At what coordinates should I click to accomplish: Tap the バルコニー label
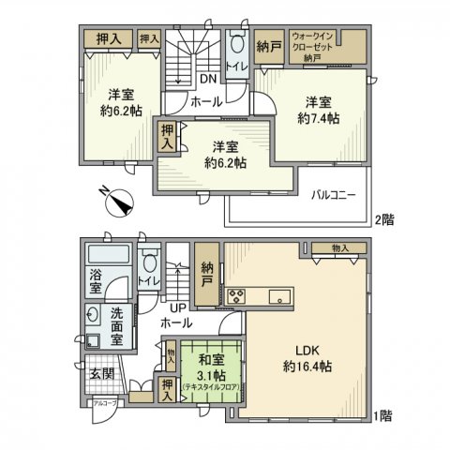point(333,194)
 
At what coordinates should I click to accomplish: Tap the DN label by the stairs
point(207,80)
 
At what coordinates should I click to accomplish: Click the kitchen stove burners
point(235,298)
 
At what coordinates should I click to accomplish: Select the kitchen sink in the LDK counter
point(278,298)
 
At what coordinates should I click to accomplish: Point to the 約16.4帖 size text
point(308,367)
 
